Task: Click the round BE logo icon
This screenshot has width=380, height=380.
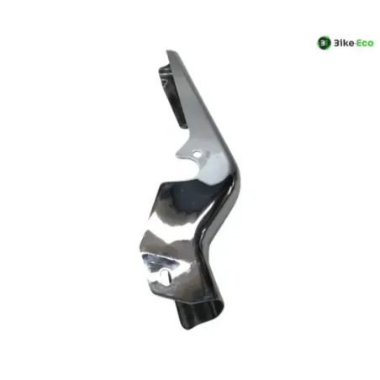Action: coord(324,43)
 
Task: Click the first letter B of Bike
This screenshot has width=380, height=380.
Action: coord(335,43)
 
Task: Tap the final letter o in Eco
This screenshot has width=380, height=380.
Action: coord(371,44)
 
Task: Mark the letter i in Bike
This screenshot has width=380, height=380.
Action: coord(340,43)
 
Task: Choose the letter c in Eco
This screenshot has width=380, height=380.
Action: coord(365,44)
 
